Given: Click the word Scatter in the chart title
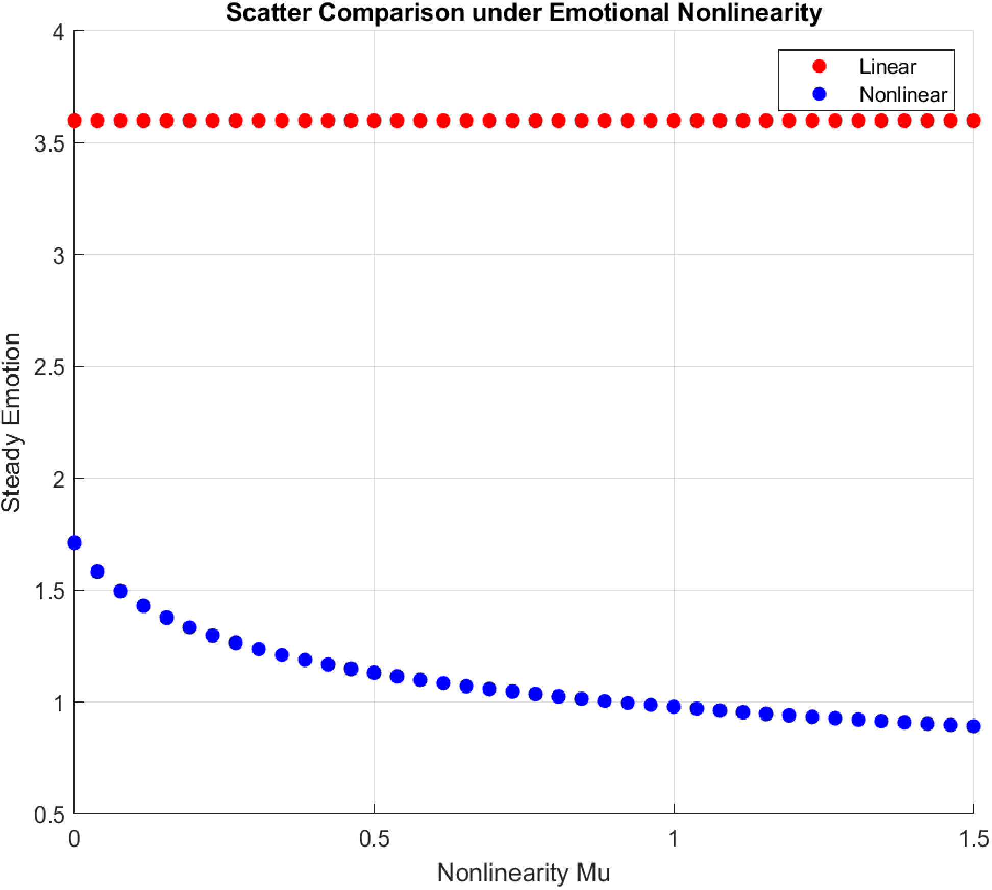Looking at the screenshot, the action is [x=268, y=12].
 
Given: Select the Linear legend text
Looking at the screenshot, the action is [x=887, y=67].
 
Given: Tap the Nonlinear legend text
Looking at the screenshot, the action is [x=903, y=95].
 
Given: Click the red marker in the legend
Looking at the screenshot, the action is [x=820, y=66].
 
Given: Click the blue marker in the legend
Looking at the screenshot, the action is [x=820, y=94].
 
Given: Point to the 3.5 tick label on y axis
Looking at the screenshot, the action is [x=49, y=143].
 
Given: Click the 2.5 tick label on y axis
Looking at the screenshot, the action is [x=49, y=367].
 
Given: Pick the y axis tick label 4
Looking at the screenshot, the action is [x=58, y=32].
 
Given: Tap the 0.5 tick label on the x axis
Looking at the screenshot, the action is [x=374, y=838].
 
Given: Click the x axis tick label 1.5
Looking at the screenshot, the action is [x=974, y=838].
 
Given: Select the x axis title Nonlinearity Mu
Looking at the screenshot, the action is [x=524, y=873].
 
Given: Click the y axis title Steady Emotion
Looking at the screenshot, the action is [x=11, y=422].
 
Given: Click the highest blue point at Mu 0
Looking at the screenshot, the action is [x=75, y=542].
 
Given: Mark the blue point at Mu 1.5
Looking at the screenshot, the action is [x=974, y=726].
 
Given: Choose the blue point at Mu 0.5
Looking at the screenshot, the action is [x=374, y=673].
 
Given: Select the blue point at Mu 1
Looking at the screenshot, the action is [x=674, y=707].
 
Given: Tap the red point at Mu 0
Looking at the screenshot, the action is [x=75, y=121].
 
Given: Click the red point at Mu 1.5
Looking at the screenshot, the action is [x=974, y=121].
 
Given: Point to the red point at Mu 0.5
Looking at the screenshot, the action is [x=374, y=121].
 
